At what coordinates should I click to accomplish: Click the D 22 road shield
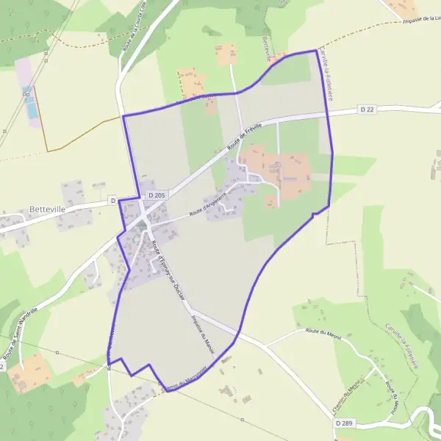pos(368,110)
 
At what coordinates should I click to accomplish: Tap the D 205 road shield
pos(156,196)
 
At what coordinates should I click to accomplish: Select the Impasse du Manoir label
pos(197,323)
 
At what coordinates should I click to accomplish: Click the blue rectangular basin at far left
pos(30,103)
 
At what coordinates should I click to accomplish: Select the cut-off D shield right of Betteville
pos(113,200)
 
